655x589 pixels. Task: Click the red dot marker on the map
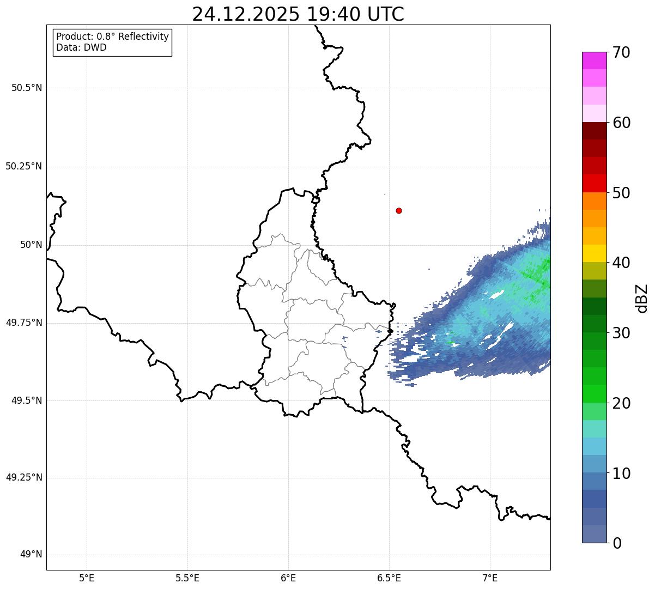399,210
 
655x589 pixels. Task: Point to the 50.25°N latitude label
23,166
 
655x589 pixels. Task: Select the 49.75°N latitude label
23,323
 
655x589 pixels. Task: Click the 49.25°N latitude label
23,478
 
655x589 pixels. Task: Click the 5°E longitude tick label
87,578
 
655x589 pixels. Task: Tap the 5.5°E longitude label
187,578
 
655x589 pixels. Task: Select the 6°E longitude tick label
288,578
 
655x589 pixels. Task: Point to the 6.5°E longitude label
389,578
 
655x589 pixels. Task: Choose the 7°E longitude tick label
490,578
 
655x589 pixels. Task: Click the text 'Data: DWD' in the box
81,47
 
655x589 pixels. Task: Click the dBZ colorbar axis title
642,298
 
